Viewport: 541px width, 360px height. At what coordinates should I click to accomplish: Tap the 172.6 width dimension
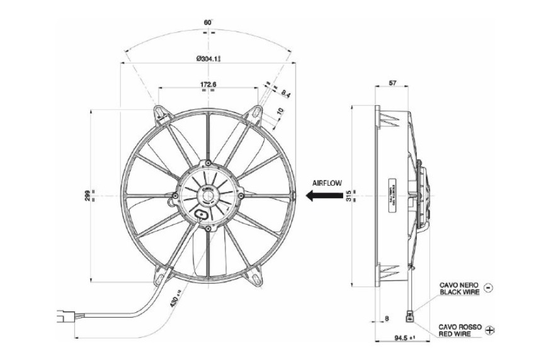[x=208, y=83]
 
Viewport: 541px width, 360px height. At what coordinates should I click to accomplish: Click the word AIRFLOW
[x=327, y=183]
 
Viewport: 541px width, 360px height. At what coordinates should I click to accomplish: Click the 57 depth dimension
[x=392, y=84]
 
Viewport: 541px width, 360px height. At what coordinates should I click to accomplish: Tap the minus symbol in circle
[x=490, y=288]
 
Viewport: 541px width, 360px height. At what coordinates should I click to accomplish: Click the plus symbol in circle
[x=490, y=330]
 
